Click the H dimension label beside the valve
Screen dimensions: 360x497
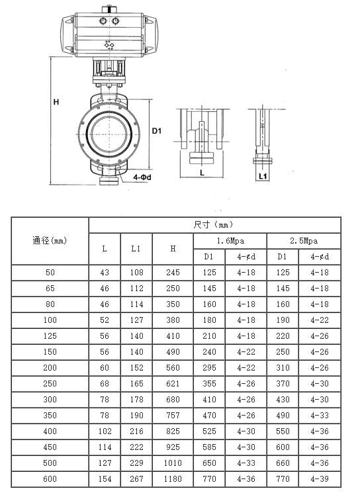[56, 102]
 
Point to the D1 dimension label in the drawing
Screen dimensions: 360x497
[157, 130]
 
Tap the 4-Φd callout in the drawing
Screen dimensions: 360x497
[142, 177]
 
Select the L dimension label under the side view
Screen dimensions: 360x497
[202, 173]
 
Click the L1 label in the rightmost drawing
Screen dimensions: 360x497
[263, 176]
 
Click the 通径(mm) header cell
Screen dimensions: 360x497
[50, 241]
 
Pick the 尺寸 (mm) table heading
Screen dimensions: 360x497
[213, 225]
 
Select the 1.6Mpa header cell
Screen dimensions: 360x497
[230, 241]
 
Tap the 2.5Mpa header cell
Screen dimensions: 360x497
[304, 241]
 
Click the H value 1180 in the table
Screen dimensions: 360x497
[173, 478]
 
